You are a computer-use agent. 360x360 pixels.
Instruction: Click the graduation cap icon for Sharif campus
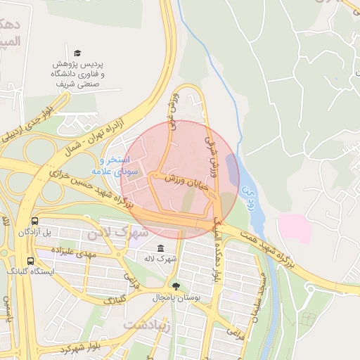[x=77, y=53]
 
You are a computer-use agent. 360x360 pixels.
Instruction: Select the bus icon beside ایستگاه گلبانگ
[x=30, y=260]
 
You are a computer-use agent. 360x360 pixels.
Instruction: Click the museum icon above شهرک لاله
[x=161, y=249]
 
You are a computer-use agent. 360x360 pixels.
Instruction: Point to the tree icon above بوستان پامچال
[x=175, y=285]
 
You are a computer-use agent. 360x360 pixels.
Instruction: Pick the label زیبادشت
[x=146, y=326]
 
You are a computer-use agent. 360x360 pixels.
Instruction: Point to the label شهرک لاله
[x=161, y=259]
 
